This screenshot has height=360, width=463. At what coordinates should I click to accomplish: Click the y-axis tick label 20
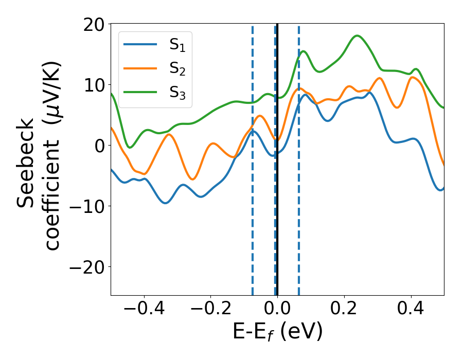tap(95, 24)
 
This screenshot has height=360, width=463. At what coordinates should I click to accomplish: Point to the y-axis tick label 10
tap(95, 85)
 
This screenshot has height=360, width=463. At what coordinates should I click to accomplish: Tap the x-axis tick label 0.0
tap(277, 310)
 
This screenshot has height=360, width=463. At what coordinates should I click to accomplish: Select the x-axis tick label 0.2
tap(344, 310)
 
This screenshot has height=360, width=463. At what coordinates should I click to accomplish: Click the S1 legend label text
tap(177, 45)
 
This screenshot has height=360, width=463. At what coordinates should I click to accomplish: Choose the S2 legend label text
tap(177, 68)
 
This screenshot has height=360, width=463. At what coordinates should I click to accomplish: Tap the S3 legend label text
tap(177, 92)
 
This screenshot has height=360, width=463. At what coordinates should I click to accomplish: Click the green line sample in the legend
tap(140, 92)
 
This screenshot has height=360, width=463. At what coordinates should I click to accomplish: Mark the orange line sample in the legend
tap(140, 68)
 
